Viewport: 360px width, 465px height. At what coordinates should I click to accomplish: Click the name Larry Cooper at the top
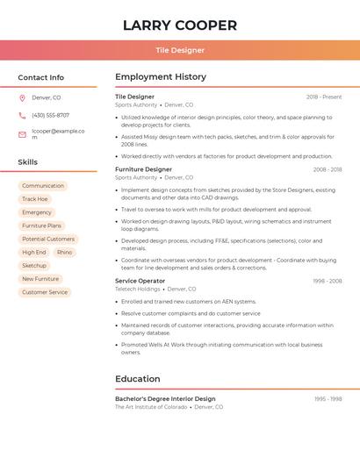coord(180,25)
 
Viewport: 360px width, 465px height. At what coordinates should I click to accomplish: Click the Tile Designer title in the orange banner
coord(180,50)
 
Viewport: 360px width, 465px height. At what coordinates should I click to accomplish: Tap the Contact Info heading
coord(41,77)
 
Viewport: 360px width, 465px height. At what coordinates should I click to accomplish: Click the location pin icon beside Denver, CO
coord(22,97)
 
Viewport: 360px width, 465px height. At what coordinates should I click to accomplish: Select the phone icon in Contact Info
coord(22,115)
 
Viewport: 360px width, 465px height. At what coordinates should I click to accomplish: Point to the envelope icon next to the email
coord(22,134)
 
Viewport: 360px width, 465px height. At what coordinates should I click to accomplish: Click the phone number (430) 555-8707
coord(50,115)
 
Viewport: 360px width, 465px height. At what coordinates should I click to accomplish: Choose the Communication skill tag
coord(43,186)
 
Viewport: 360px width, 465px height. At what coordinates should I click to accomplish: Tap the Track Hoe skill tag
coord(35,199)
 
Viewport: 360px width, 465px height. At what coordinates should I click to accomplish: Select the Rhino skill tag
coord(65,252)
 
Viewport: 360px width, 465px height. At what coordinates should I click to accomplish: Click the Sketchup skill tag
coord(34,265)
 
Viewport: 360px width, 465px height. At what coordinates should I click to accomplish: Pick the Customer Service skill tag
coord(45,292)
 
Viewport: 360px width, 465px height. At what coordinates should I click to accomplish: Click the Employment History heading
coord(161,77)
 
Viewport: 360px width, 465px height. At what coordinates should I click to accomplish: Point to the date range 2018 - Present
coord(324,97)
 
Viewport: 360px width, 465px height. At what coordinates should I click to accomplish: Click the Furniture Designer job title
coord(143,169)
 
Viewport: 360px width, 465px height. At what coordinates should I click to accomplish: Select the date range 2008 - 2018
coord(327,169)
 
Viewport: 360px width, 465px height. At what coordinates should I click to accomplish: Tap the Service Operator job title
coord(140,281)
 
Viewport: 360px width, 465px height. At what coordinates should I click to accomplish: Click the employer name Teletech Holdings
coord(138,289)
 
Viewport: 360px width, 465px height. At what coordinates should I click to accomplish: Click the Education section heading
coord(138,379)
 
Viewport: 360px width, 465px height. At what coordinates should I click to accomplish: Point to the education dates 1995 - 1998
coord(328,398)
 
